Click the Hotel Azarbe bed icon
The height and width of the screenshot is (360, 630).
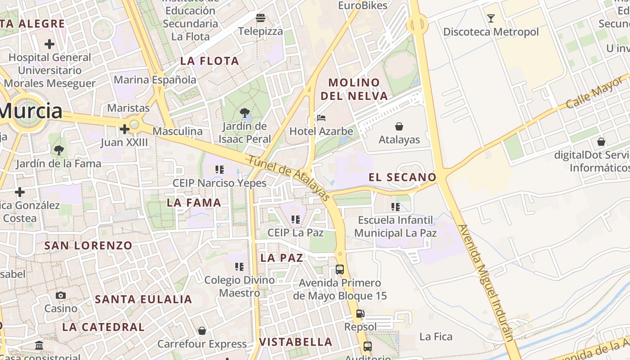[x=321, y=118]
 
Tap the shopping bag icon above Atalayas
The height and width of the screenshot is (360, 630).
[x=399, y=126]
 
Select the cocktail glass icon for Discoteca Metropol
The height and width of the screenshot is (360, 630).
[x=490, y=18]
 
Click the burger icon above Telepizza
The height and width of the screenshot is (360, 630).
[x=261, y=18]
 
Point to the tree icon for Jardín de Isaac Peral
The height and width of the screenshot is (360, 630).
[x=245, y=113]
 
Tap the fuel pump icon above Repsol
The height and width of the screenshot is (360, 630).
[x=360, y=314]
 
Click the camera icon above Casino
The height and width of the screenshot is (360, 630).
[x=61, y=296]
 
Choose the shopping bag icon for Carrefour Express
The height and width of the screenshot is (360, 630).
[x=202, y=331]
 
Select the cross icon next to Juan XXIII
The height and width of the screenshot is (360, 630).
[x=124, y=130]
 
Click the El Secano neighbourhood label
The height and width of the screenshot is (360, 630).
[x=402, y=177]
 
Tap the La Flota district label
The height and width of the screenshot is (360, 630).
[x=210, y=61]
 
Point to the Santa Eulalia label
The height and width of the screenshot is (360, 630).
[x=144, y=299]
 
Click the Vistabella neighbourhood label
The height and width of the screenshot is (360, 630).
[x=296, y=342]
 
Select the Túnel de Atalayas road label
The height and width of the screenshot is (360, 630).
[x=289, y=178]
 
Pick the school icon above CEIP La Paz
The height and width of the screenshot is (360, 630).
[x=295, y=220]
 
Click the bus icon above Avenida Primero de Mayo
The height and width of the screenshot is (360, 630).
[x=340, y=270]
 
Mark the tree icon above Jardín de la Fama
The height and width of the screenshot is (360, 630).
[x=58, y=150]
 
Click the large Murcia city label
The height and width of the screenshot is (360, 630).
[x=31, y=111]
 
